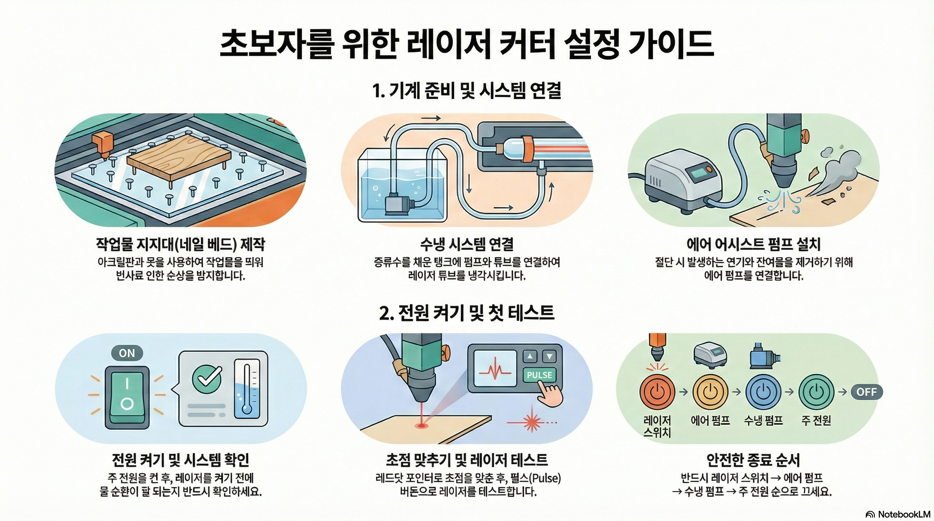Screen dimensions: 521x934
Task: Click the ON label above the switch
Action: (x=127, y=353)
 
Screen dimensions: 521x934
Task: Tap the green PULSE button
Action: (x=539, y=375)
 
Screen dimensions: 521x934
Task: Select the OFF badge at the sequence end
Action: (x=866, y=392)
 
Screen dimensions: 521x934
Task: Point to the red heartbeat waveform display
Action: (x=495, y=371)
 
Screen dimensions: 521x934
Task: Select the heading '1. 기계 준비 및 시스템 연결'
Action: (x=467, y=90)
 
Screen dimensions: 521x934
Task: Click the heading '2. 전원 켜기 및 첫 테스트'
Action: (x=467, y=313)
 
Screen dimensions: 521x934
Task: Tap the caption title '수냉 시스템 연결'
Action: (x=467, y=244)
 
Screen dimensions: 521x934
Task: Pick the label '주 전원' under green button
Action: (x=816, y=420)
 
